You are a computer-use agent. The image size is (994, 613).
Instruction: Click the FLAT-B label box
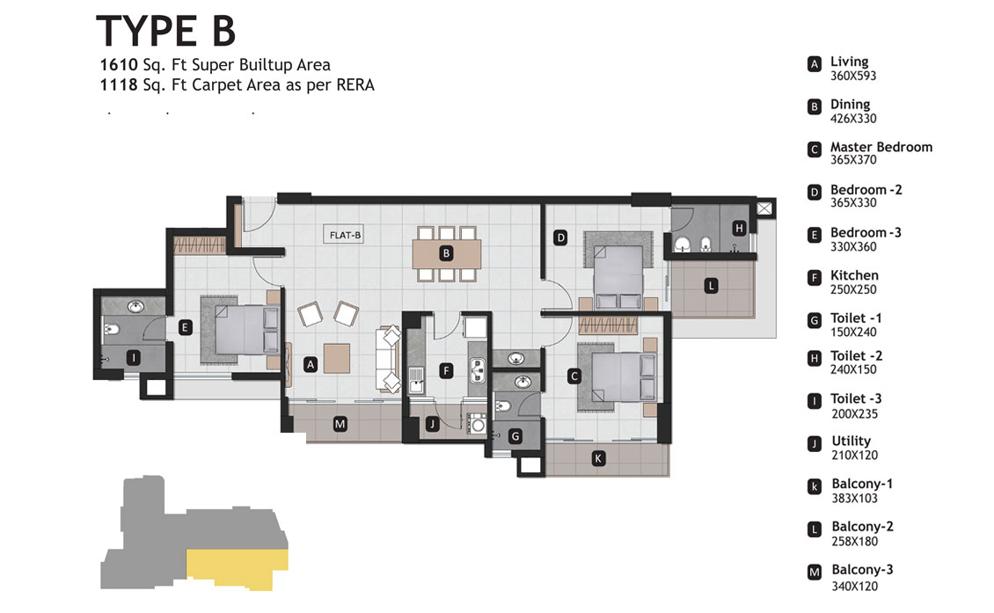(345, 235)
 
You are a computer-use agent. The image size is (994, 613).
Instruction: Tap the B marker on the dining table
(446, 253)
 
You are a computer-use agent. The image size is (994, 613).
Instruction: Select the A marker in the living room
(310, 364)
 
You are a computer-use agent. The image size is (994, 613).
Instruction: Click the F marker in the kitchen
(446, 371)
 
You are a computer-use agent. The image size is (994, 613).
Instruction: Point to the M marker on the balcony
(340, 424)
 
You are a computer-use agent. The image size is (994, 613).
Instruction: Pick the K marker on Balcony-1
(598, 458)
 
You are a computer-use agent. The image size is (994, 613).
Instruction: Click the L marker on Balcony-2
(712, 286)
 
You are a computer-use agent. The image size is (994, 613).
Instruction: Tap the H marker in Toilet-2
(739, 228)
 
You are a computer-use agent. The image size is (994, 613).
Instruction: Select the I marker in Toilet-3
(133, 358)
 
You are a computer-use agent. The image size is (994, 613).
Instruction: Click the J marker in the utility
(432, 424)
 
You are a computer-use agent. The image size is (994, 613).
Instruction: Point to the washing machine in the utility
(478, 423)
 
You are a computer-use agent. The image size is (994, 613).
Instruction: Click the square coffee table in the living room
(337, 358)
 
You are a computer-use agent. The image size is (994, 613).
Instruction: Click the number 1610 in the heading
(119, 65)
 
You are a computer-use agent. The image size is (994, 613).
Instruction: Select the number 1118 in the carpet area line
(119, 85)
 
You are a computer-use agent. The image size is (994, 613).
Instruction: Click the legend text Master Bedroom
(881, 147)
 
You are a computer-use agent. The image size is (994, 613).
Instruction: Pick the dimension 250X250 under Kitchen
(853, 289)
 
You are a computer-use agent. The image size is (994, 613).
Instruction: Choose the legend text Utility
(851, 441)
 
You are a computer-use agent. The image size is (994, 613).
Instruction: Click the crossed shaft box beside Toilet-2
(765, 208)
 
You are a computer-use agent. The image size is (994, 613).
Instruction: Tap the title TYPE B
(165, 31)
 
